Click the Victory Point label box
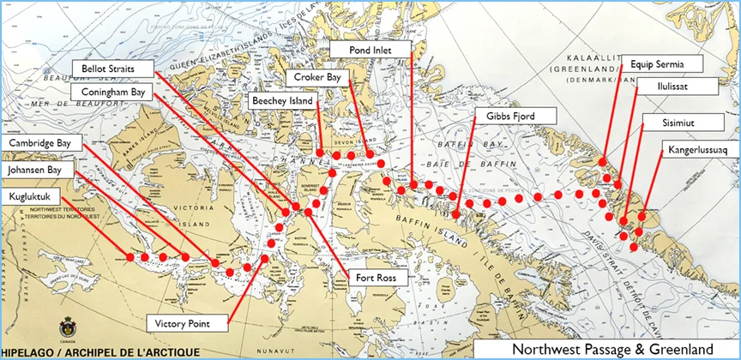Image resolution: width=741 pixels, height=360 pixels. (x=189, y=323)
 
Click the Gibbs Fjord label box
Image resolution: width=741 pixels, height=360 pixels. (x=515, y=116)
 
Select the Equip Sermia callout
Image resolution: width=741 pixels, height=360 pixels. (x=666, y=63)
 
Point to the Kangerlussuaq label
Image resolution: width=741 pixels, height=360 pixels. (x=696, y=150)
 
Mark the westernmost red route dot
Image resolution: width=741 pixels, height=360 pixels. (x=130, y=256)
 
